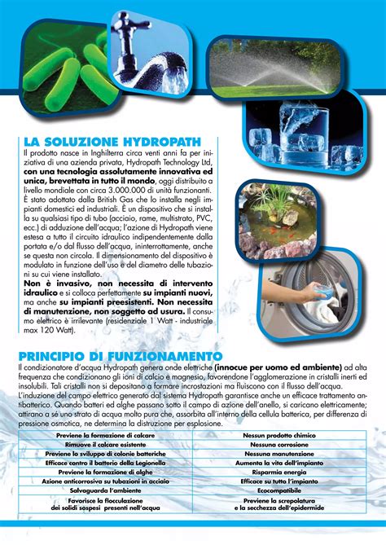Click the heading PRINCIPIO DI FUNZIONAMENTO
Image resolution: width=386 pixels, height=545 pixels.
(121, 355)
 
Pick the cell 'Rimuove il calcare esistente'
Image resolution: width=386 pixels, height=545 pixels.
(101, 445)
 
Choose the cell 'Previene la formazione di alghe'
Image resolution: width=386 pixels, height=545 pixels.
(101, 472)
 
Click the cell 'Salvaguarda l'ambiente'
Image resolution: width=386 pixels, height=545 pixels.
(101, 490)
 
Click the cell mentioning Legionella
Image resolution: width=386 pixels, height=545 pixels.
(101, 463)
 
